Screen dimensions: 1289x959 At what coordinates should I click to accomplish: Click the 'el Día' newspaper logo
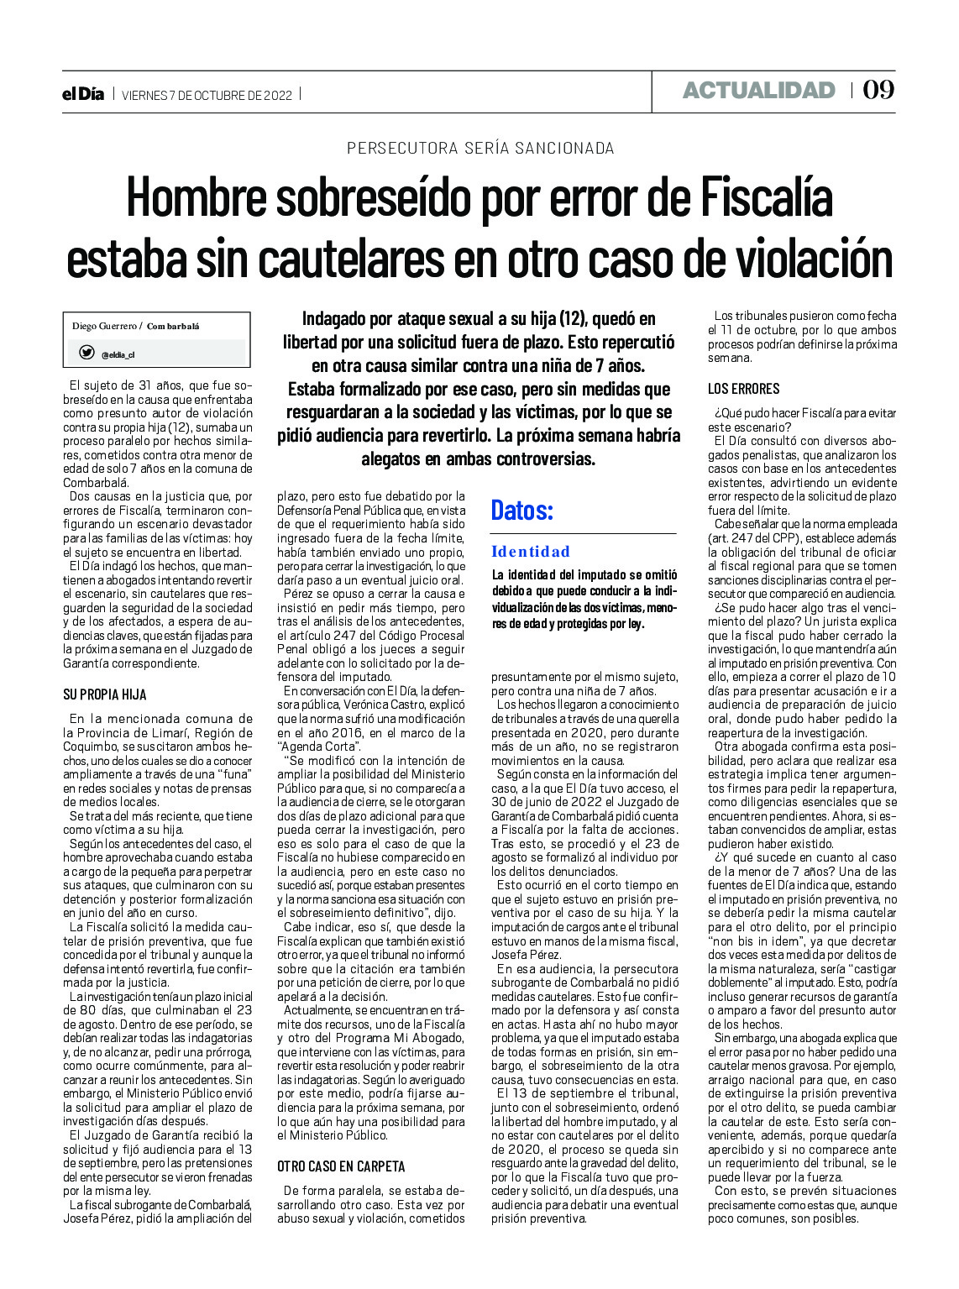tap(83, 95)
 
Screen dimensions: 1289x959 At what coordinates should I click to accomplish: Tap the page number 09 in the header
tap(878, 90)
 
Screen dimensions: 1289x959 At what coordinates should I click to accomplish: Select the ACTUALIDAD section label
tap(758, 90)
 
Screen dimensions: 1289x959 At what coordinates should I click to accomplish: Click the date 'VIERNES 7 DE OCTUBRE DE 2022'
tap(207, 96)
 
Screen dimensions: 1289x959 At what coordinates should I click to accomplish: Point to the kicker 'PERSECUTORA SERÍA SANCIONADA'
tap(480, 149)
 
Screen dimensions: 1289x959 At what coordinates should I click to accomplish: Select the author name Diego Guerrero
tap(104, 326)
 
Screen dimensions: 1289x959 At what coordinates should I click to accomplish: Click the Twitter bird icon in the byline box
tap(86, 353)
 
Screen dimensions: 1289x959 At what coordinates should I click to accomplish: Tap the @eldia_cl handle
tap(118, 355)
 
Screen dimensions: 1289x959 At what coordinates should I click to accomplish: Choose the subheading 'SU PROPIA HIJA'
tap(105, 694)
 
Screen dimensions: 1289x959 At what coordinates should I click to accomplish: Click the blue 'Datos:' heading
tap(521, 510)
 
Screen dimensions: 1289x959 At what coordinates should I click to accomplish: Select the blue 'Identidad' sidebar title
tap(531, 552)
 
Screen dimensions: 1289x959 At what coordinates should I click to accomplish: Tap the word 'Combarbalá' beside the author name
tap(173, 326)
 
